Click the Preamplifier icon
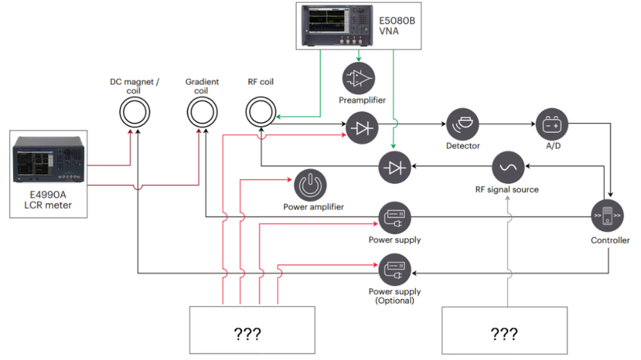(x=358, y=78)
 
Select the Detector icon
(x=462, y=124)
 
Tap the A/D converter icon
(x=552, y=124)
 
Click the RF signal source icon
(x=509, y=167)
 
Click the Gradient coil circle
(x=201, y=110)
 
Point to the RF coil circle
(x=260, y=110)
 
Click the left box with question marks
(x=252, y=330)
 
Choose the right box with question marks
(x=504, y=330)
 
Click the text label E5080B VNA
(x=396, y=26)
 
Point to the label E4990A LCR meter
(x=49, y=200)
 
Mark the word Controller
(x=610, y=240)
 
